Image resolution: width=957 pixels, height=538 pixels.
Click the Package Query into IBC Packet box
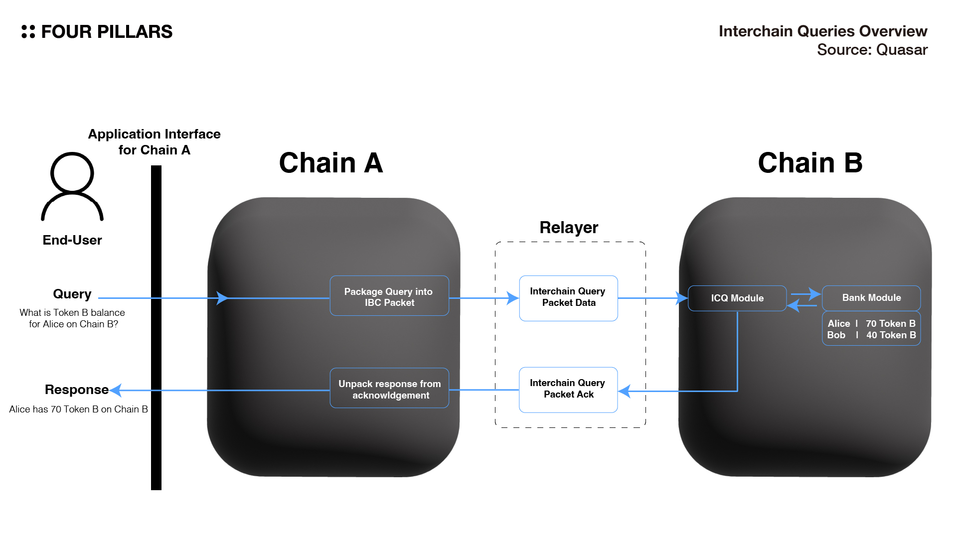[x=389, y=296]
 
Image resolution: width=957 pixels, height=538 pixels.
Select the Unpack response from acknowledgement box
[x=389, y=389]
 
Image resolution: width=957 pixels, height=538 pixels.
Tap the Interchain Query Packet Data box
[x=568, y=298]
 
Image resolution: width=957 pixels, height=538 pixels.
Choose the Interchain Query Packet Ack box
[x=568, y=390]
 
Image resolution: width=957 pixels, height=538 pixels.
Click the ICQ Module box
[x=737, y=298]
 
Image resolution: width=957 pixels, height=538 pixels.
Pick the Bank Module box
[x=871, y=297]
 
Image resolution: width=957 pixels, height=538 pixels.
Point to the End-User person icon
[x=72, y=187]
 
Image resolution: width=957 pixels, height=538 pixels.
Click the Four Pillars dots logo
[x=28, y=32]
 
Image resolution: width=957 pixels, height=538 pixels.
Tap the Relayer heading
[x=569, y=227]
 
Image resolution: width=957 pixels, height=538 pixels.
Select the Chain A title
[x=331, y=163]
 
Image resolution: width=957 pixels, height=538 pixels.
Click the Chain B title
[x=810, y=163]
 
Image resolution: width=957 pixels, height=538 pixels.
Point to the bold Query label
[x=72, y=294]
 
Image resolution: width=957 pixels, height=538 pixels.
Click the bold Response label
[x=76, y=390]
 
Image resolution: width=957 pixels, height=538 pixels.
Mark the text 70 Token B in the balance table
[x=890, y=323]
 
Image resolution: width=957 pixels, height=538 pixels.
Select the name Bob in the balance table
[x=836, y=335]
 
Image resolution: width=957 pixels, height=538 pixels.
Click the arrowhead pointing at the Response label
[x=116, y=390]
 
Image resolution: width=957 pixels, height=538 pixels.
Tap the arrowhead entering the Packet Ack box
[x=624, y=391]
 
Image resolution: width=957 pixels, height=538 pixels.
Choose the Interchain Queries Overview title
[x=822, y=31]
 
